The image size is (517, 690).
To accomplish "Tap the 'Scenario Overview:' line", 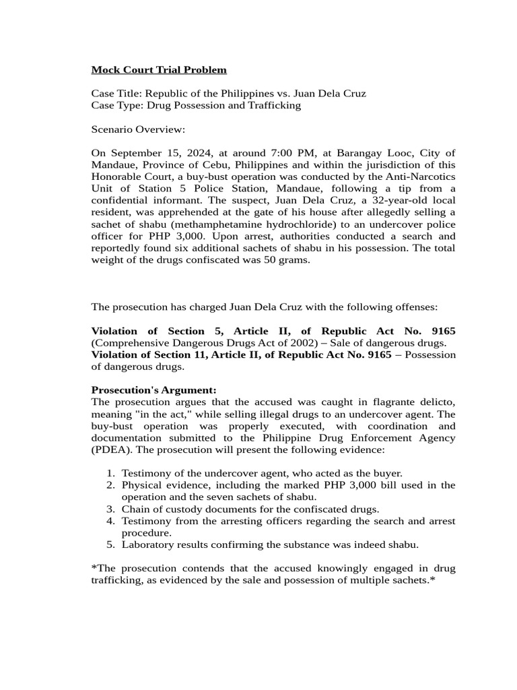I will tap(137, 129).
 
